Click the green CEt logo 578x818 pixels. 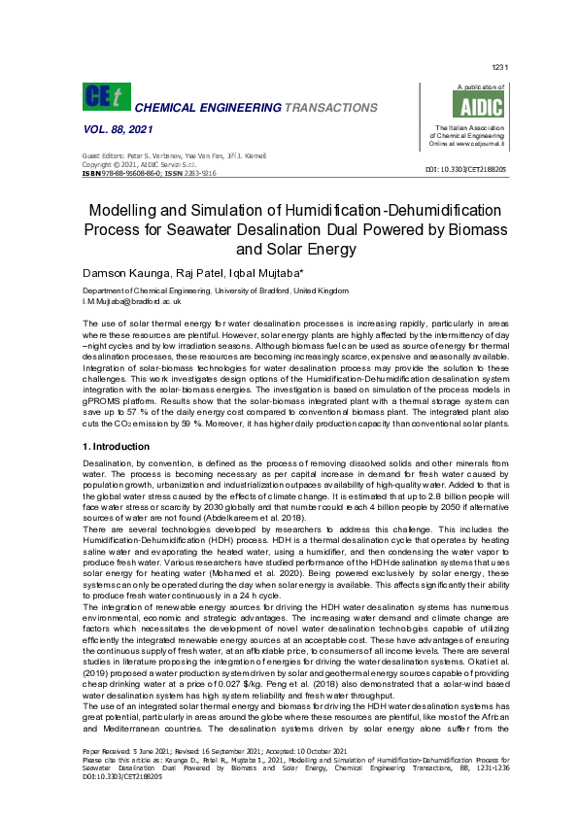click(x=104, y=97)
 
